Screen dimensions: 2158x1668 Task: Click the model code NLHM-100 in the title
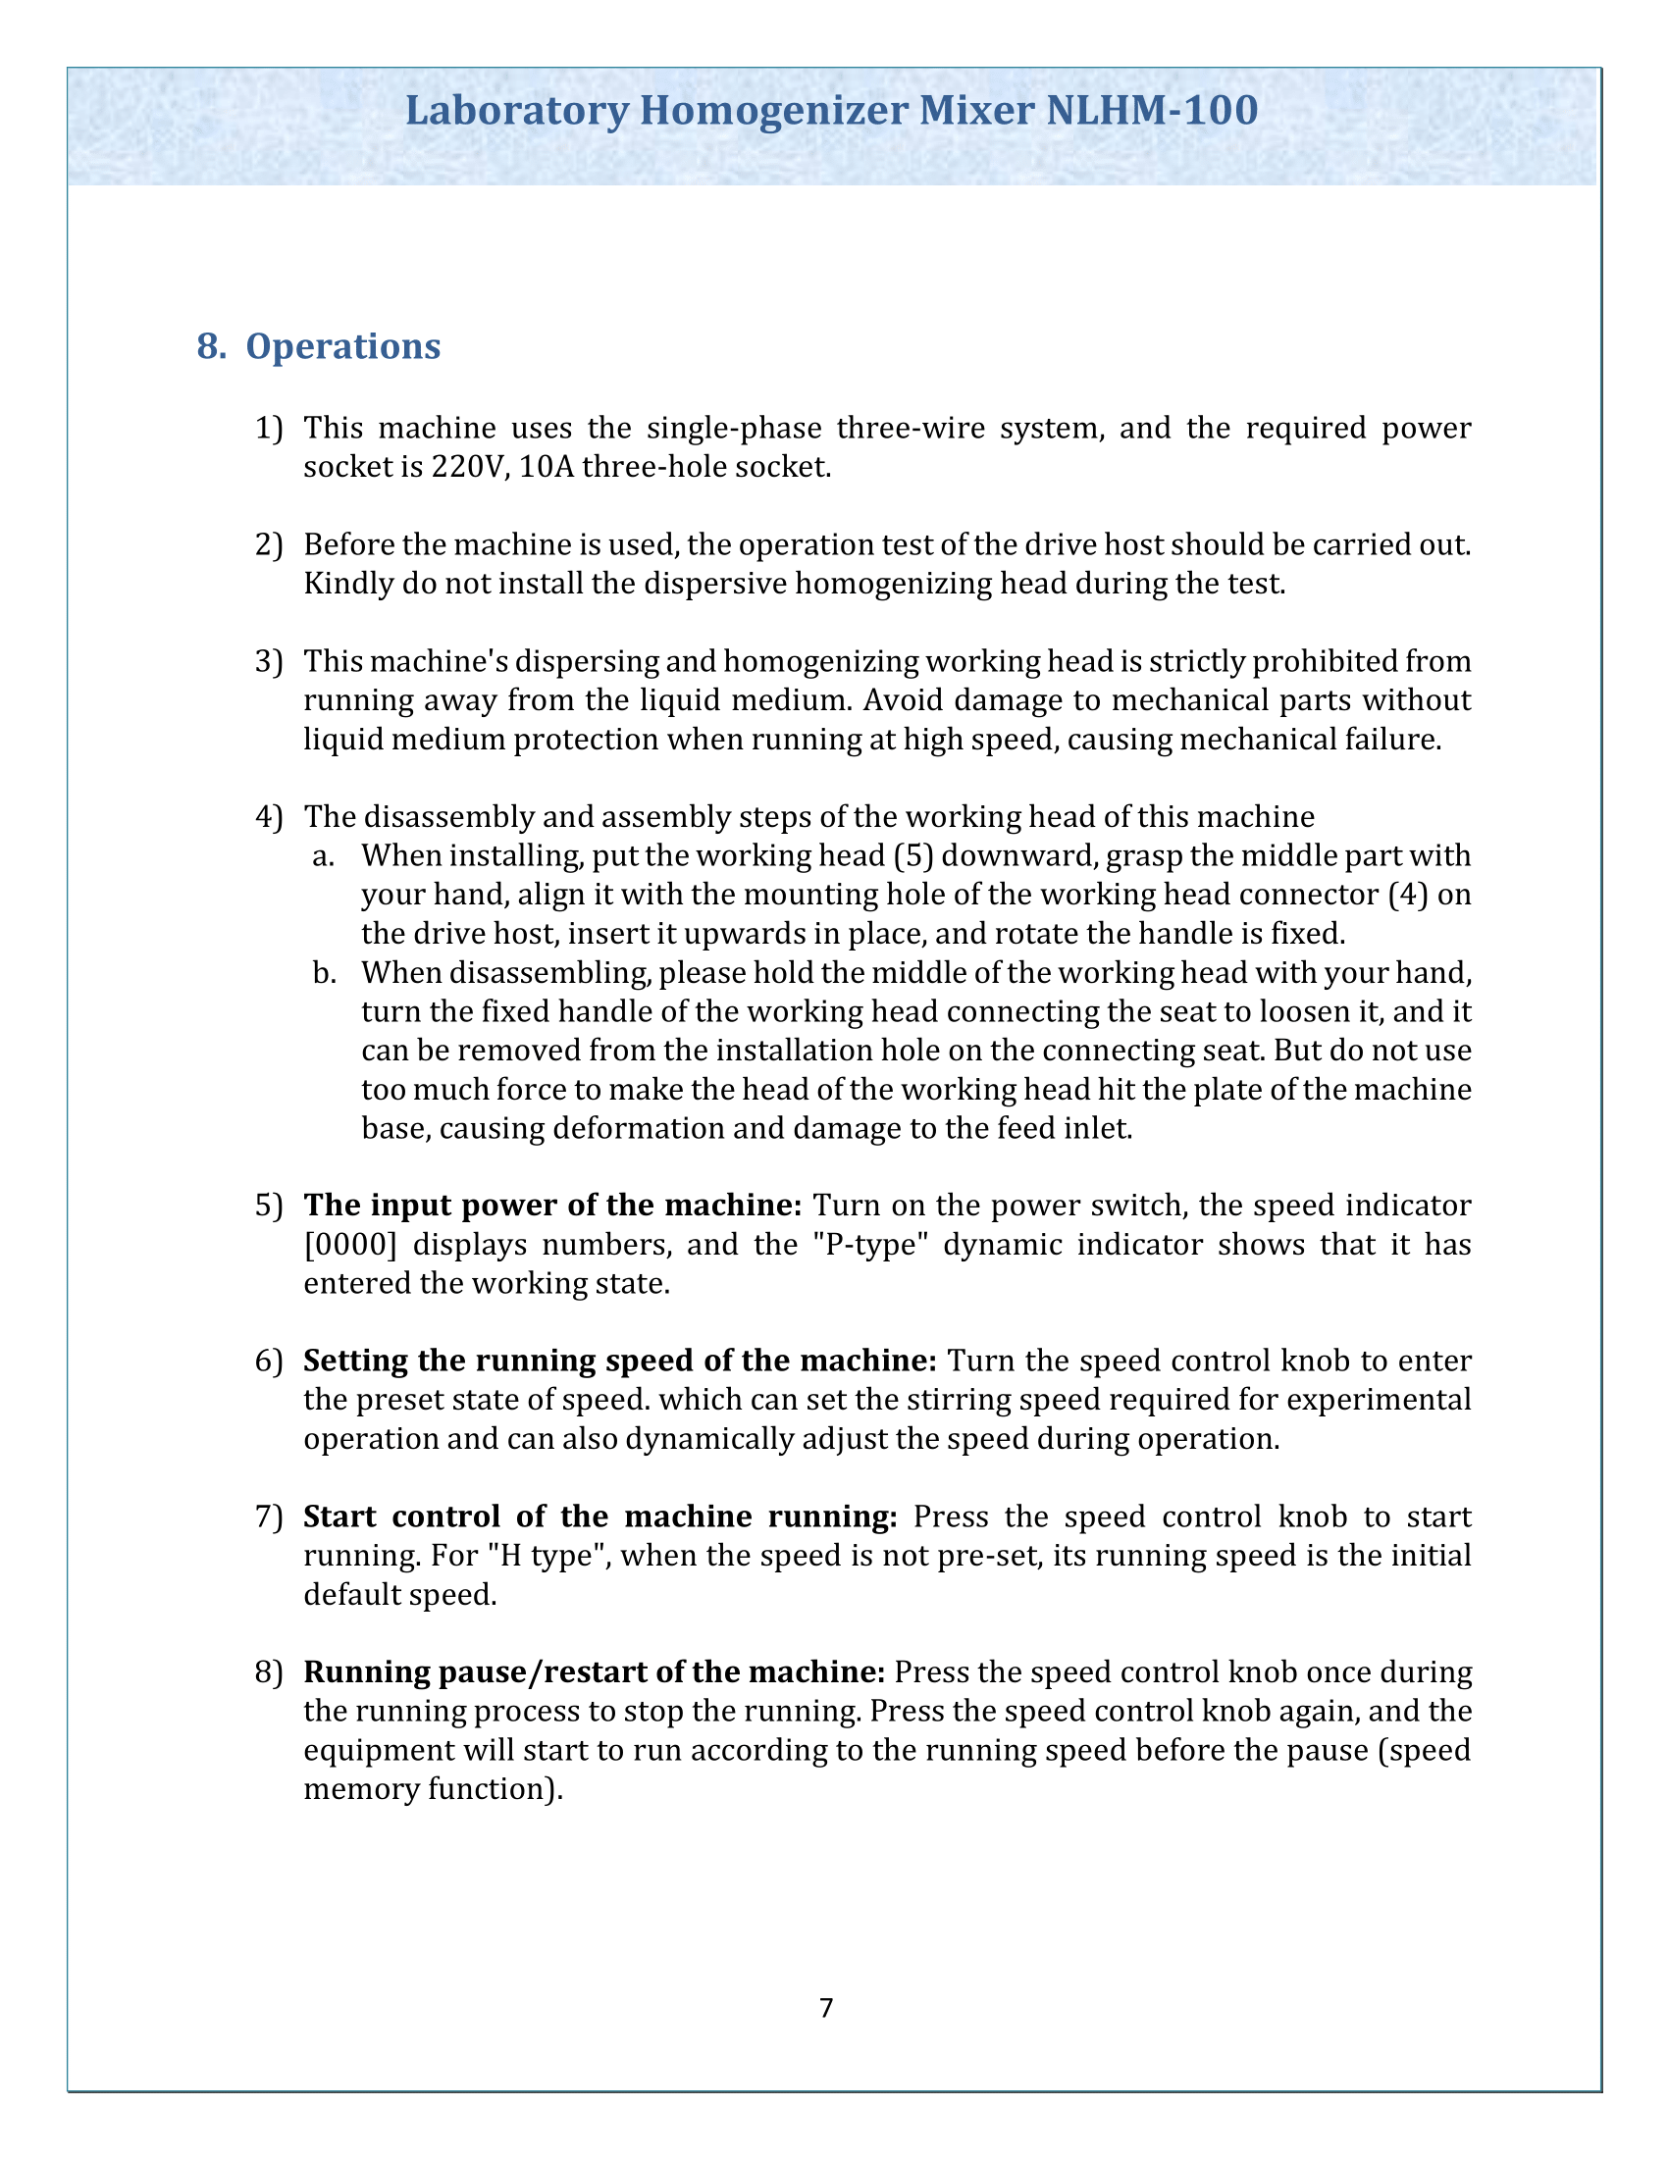click(1151, 110)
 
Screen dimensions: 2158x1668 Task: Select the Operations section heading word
click(342, 346)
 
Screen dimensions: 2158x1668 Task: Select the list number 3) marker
click(269, 661)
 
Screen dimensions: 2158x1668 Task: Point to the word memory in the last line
click(361, 1788)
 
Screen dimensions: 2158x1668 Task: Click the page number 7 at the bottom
click(826, 2008)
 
